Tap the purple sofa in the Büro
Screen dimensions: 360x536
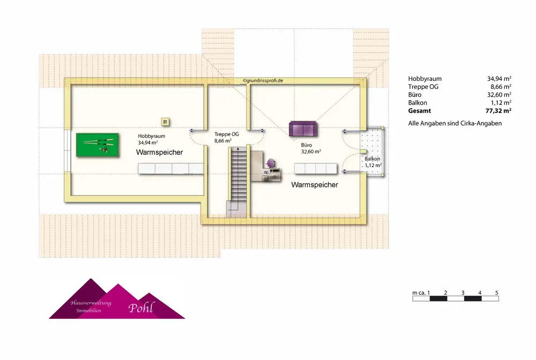[303, 129]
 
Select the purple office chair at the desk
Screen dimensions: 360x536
[271, 162]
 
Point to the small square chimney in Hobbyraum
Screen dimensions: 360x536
[166, 122]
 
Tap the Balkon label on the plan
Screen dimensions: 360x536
[373, 159]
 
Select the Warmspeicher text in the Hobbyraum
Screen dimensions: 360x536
[159, 153]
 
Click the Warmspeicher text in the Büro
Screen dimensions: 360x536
[315, 185]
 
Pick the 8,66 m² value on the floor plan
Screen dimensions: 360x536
[222, 141]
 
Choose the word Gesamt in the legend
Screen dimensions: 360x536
[419, 110]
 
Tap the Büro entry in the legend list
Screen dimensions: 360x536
[414, 94]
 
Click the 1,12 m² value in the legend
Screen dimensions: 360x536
[501, 102]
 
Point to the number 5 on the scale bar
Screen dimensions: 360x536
[497, 292]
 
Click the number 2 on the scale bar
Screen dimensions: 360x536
[446, 292]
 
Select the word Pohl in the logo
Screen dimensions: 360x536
[140, 307]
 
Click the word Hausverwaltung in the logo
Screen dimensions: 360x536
[91, 303]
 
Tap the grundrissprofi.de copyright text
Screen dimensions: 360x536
[263, 80]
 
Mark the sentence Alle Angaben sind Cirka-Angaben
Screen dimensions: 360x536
[455, 124]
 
